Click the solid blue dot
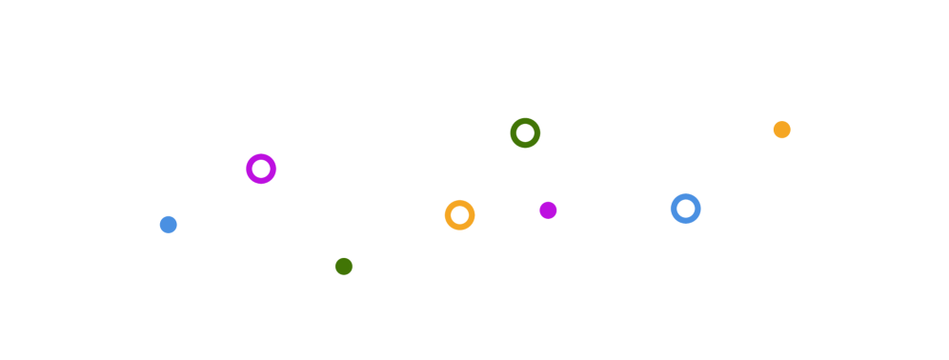(169, 225)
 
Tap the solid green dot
(344, 267)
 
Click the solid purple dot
(548, 210)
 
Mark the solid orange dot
(781, 130)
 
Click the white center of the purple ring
(261, 169)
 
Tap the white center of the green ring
(525, 132)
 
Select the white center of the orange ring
(459, 215)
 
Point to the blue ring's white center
(685, 209)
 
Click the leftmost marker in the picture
(169, 225)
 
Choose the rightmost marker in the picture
(781, 130)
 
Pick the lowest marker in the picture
(344, 267)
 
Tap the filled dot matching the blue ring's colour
(169, 225)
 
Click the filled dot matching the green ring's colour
(344, 267)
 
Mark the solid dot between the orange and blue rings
(548, 210)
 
